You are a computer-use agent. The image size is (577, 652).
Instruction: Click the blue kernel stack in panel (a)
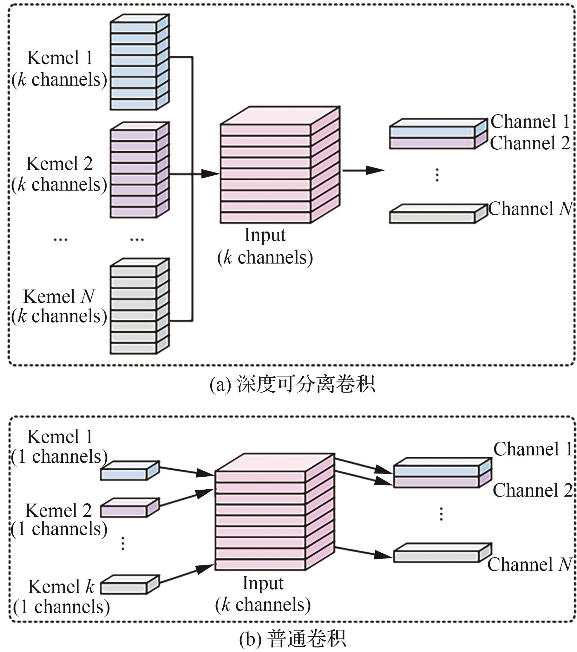click(x=140, y=62)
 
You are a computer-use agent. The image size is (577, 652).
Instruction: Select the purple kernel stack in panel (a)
click(x=140, y=170)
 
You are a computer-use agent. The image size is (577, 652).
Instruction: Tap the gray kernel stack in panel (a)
click(x=140, y=307)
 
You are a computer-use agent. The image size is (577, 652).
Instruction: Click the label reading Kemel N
click(x=59, y=297)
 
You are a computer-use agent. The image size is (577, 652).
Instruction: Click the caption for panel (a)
click(x=292, y=384)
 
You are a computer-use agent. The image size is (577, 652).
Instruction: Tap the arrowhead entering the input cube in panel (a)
click(x=211, y=174)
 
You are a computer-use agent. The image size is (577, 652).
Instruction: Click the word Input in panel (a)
click(x=265, y=235)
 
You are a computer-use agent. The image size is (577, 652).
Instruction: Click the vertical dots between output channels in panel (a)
click(x=437, y=175)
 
